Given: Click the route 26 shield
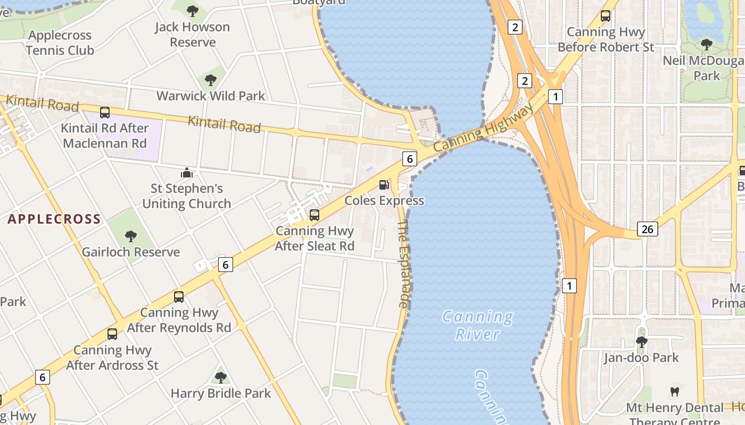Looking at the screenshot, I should (x=647, y=229).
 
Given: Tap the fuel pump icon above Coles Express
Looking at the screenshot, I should (x=384, y=185).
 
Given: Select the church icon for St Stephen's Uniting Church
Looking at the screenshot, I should (x=187, y=173).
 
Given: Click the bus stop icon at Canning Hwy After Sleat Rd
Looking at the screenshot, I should (x=314, y=215).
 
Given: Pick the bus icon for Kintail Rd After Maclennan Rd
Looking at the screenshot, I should (x=105, y=113).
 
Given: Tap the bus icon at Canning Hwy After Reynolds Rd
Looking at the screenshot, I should (x=179, y=297).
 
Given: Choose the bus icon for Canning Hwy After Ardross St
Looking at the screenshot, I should (x=112, y=334).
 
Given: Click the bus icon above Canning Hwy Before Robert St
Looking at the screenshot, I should (x=606, y=16).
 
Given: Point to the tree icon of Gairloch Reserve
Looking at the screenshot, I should (x=130, y=236).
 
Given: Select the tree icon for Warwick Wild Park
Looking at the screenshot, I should (x=211, y=81).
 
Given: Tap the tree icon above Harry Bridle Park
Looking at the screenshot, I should (x=220, y=378).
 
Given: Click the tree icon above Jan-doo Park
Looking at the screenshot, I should (x=642, y=342).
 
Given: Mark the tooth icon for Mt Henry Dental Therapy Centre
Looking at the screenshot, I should (x=675, y=392).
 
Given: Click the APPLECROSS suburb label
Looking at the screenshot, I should (x=54, y=219).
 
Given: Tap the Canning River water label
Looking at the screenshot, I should (x=478, y=325).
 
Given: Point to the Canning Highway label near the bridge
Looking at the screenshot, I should (x=483, y=127).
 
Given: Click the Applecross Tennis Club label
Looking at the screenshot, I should (x=60, y=43).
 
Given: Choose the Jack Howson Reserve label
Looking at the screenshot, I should (x=193, y=35).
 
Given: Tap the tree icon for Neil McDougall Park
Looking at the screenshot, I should (x=707, y=45).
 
